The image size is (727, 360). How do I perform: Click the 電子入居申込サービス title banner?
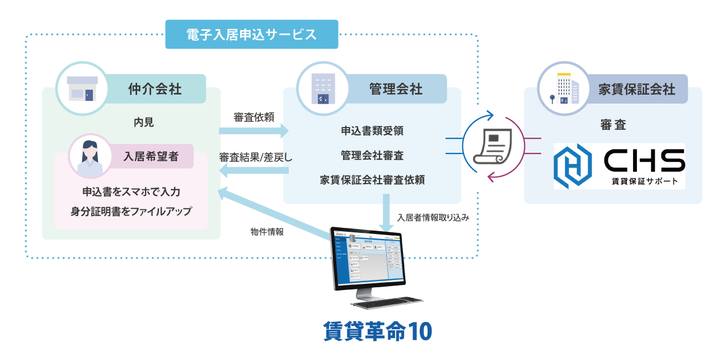pos(252,35)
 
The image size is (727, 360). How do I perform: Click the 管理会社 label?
pos(396,88)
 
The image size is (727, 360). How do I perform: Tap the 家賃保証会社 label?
pos(637,89)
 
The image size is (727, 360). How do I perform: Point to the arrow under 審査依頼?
pos(253,132)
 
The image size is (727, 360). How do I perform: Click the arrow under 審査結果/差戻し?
pos(253,171)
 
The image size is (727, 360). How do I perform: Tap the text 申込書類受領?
pos(372,131)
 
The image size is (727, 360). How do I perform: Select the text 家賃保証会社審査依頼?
pos(372,180)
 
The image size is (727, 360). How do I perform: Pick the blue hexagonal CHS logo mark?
pos(572,166)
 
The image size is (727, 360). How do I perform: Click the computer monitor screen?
pos(368,258)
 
